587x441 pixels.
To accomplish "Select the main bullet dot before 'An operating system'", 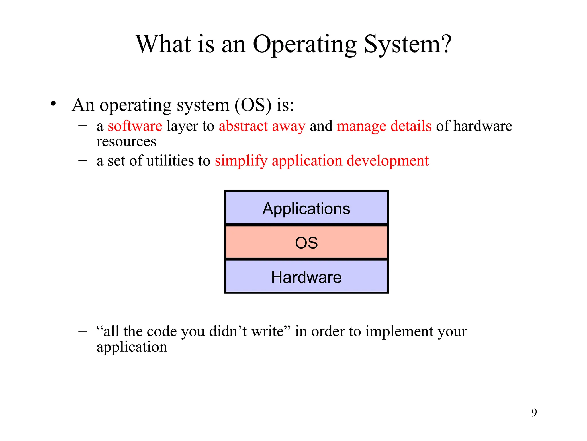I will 53,104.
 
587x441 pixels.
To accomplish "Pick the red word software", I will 135,126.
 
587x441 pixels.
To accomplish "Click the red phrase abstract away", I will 262,126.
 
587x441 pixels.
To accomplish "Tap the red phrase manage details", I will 384,126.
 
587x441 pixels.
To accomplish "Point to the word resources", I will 126,142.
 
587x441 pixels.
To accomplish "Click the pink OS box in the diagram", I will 306,243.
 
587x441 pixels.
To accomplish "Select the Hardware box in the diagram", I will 306,277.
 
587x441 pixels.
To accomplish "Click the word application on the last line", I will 132,347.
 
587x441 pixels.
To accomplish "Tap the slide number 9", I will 534,413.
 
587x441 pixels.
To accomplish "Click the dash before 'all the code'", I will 83,331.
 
